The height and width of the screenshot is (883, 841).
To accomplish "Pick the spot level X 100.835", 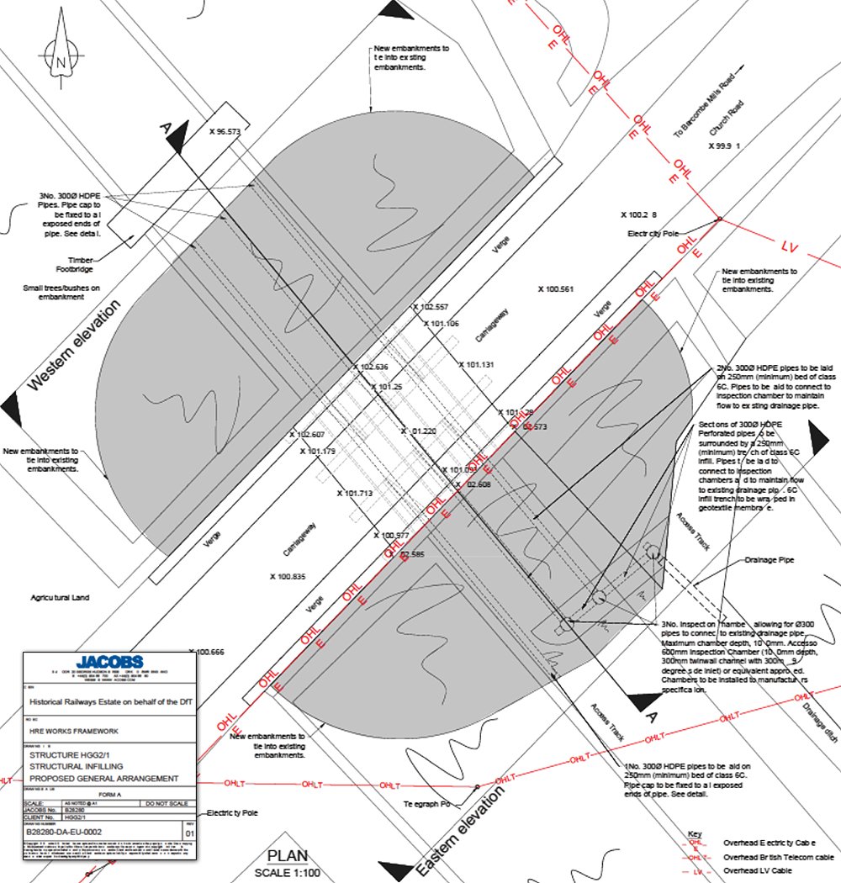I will tap(288, 577).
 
